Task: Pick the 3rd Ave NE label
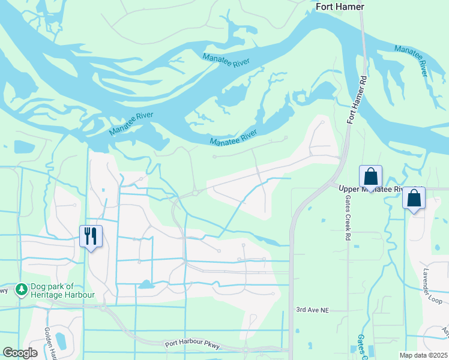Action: coord(313,310)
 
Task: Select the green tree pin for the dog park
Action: coord(22,290)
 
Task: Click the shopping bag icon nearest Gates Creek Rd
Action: coord(370,177)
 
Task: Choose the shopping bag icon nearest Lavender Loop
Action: coord(414,198)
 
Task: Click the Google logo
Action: coord(20,353)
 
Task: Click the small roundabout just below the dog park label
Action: coord(104,307)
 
